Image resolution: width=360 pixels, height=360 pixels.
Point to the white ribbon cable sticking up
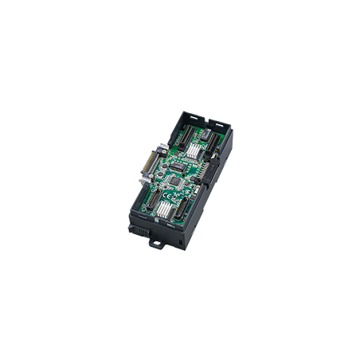coord(160,149)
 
